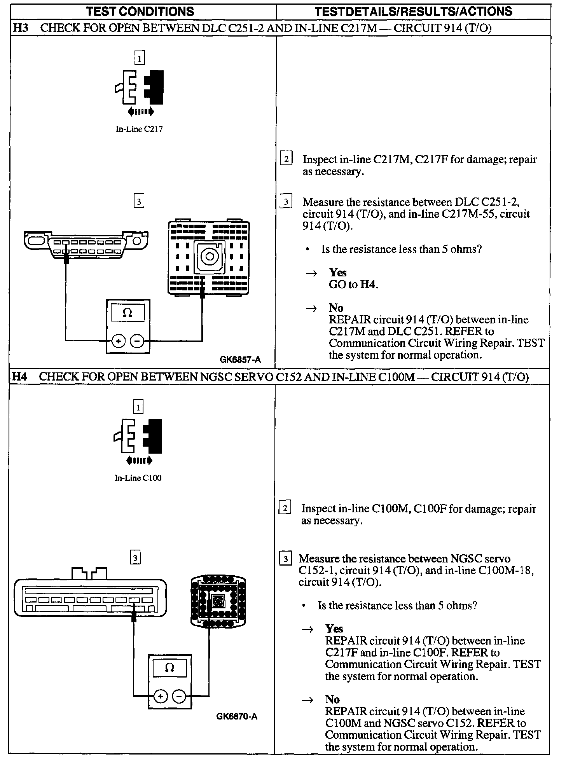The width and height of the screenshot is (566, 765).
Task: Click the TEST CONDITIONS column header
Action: (x=140, y=11)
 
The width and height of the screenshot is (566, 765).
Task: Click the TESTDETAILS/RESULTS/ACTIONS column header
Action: (x=413, y=11)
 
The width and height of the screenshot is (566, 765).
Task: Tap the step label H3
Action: (x=21, y=28)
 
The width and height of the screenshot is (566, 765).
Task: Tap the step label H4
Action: (x=20, y=377)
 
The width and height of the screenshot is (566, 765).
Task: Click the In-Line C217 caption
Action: (x=139, y=129)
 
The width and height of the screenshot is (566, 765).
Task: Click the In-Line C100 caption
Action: (x=138, y=478)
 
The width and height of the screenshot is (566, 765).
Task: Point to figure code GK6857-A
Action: (x=240, y=360)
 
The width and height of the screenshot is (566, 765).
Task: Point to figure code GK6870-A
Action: (x=237, y=716)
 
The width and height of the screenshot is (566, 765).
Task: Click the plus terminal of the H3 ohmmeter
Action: (x=118, y=341)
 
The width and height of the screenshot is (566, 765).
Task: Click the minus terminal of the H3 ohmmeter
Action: (x=137, y=341)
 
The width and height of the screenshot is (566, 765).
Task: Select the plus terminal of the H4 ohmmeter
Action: (x=160, y=696)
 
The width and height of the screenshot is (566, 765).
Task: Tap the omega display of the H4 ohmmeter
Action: (x=169, y=668)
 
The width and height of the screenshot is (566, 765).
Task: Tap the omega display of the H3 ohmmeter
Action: (x=128, y=313)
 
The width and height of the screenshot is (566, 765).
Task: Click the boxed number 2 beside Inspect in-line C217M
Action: (x=286, y=159)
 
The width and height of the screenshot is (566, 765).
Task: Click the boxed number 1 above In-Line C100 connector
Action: (x=138, y=407)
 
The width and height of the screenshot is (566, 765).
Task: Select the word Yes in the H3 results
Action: (x=337, y=272)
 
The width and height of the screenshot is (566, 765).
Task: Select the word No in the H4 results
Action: (x=332, y=699)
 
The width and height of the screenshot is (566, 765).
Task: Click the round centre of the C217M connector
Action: (x=210, y=257)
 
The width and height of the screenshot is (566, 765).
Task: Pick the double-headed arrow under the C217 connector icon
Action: (x=141, y=112)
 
